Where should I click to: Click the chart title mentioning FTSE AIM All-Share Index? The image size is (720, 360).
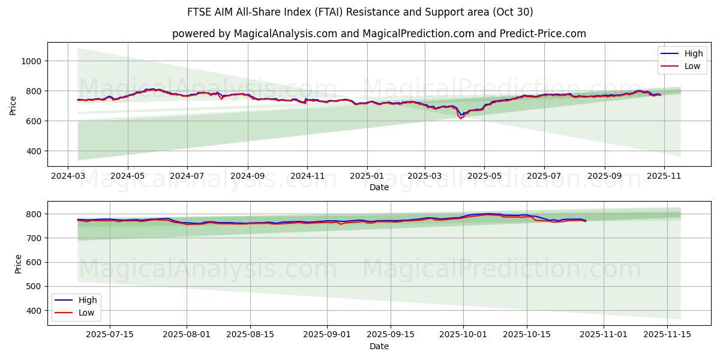coord(360,12)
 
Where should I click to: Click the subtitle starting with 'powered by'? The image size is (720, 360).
coord(379,34)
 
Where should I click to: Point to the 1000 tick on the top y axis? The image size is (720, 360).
coord(31,61)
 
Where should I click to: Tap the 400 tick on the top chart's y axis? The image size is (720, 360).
coord(34,151)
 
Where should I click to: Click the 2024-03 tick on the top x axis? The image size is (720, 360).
coord(67,176)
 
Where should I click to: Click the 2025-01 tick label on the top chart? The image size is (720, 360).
coord(367,176)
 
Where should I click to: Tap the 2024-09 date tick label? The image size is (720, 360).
coord(247,176)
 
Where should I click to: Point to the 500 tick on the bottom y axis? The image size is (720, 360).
coord(34,287)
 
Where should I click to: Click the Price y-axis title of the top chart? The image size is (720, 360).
coord(13,105)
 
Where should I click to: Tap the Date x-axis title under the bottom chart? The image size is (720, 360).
coord(379,346)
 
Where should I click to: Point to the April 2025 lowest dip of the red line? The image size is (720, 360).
coord(461,118)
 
